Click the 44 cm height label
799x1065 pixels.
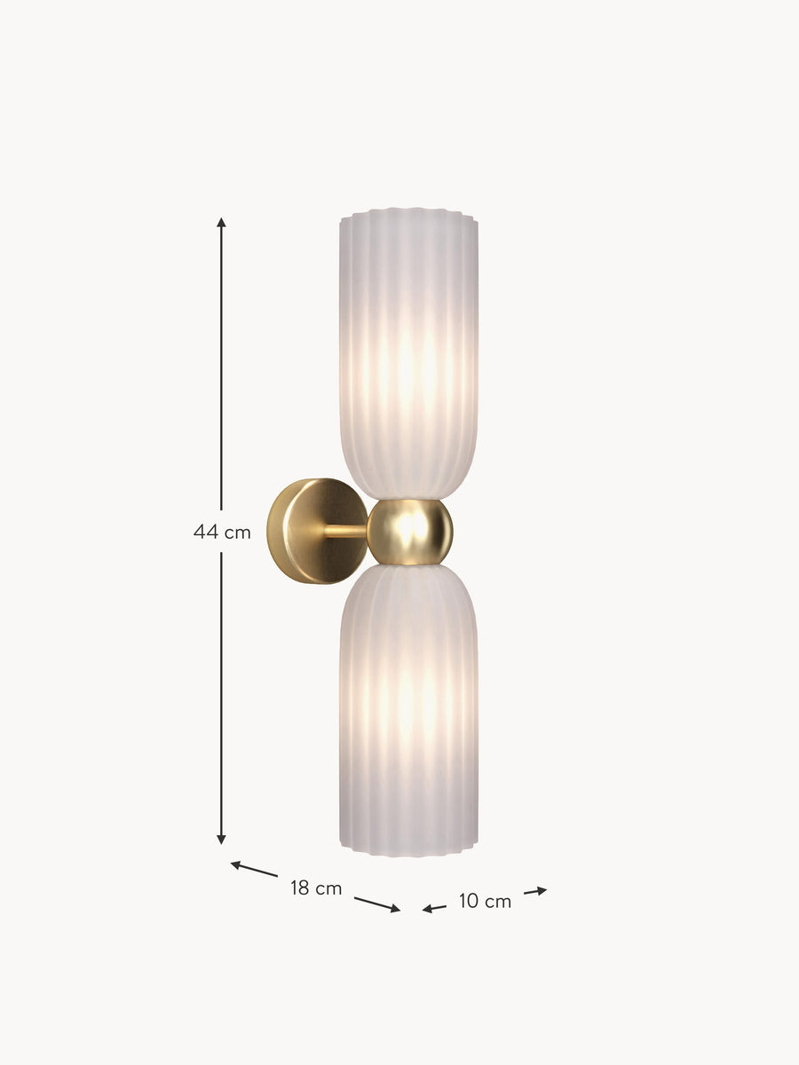pyautogui.click(x=222, y=532)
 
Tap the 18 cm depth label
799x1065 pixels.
pyautogui.click(x=316, y=888)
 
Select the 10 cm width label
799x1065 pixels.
pyautogui.click(x=485, y=902)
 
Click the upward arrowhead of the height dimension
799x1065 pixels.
pyautogui.click(x=221, y=223)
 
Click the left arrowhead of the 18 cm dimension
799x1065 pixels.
pyautogui.click(x=236, y=864)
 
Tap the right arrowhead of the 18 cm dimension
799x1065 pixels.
pyautogui.click(x=395, y=908)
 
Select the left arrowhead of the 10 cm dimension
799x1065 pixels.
pyautogui.click(x=427, y=909)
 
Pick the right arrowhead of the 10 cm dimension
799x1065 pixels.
pyautogui.click(x=542, y=890)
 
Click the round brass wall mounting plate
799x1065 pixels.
pyautogui.click(x=315, y=531)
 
